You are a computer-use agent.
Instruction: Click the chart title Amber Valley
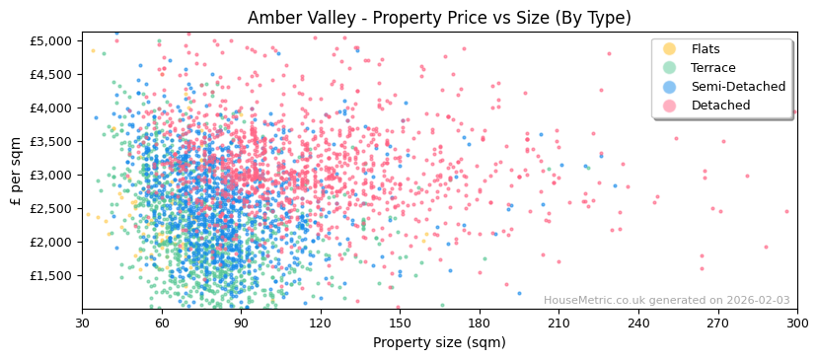click(439, 18)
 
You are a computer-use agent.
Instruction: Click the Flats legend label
click(706, 49)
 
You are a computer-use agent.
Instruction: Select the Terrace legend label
click(712, 68)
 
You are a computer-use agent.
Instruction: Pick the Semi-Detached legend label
click(738, 87)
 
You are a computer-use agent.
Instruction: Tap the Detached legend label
click(720, 106)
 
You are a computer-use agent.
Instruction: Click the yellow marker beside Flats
click(670, 49)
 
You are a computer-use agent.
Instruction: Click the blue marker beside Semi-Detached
click(670, 87)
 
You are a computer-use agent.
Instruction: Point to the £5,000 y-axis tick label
click(51, 40)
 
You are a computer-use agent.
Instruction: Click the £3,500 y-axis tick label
click(51, 141)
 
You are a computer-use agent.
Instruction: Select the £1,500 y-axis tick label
click(51, 275)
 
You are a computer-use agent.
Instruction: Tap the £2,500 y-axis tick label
click(51, 208)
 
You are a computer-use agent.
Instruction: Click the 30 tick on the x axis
click(82, 323)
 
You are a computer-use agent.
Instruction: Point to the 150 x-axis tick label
click(400, 323)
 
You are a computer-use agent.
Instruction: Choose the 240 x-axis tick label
click(638, 323)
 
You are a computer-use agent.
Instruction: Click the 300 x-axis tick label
click(796, 323)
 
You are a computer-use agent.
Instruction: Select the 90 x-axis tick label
click(241, 323)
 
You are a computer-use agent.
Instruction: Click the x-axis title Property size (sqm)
click(439, 342)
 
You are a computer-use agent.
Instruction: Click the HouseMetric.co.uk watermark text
click(666, 301)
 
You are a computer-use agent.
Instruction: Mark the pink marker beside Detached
click(670, 106)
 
